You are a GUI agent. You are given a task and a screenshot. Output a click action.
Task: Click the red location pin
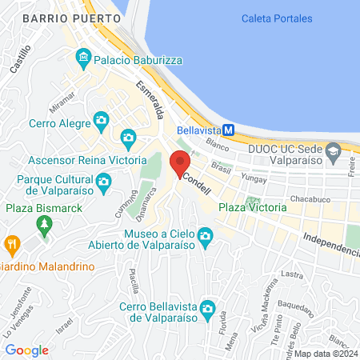[179, 163]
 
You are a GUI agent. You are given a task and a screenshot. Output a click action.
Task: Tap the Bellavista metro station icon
[228, 130]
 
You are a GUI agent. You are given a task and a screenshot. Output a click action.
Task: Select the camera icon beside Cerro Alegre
[102, 121]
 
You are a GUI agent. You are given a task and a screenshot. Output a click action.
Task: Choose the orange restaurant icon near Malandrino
[12, 243]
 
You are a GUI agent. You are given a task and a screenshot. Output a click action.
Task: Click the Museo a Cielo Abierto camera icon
[206, 236]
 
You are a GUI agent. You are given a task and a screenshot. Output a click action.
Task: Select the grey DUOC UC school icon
[334, 150]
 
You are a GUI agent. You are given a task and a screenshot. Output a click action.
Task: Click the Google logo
[26, 350]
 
